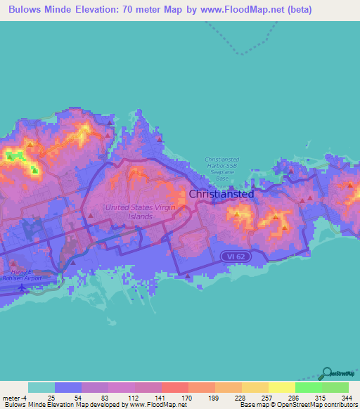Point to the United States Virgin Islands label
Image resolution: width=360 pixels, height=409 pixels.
pos(129,212)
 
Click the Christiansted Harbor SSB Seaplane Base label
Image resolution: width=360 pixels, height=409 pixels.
pos(222,169)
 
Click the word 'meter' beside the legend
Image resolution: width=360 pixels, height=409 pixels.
pos(11,397)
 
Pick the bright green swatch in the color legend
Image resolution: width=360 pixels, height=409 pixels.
pos(308,387)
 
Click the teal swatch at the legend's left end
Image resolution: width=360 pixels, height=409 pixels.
pos(41,387)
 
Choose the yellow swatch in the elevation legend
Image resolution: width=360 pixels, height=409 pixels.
pos(281,387)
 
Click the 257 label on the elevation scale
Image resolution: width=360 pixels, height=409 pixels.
pos(267,397)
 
